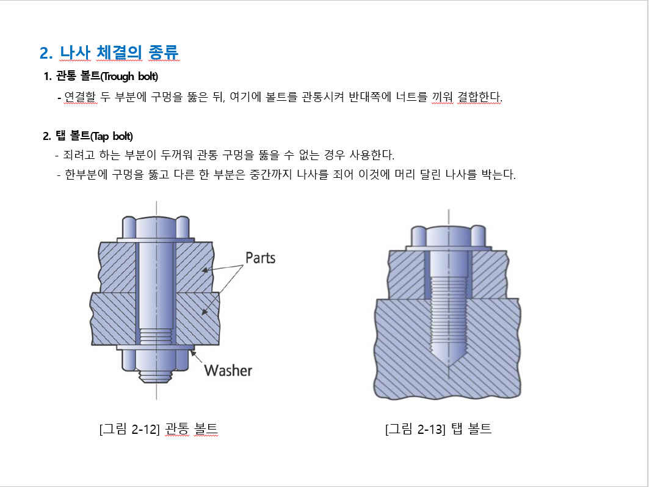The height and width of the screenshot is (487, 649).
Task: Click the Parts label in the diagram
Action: [x=260, y=258]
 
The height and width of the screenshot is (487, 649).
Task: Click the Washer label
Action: [x=228, y=370]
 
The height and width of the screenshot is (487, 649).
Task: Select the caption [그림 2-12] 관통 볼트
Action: [x=159, y=428]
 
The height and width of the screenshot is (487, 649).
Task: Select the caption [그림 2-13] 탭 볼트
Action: [x=438, y=428]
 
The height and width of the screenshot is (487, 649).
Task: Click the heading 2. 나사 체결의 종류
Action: [x=109, y=53]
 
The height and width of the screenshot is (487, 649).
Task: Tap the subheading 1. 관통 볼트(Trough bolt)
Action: [x=101, y=76]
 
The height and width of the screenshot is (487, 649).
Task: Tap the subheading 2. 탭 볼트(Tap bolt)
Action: [x=88, y=136]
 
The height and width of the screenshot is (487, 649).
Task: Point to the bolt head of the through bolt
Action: [x=156, y=227]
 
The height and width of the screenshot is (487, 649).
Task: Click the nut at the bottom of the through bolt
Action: [x=156, y=360]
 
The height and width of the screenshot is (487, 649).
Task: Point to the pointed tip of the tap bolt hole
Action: [x=449, y=365]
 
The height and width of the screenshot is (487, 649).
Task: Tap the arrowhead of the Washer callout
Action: [x=193, y=354]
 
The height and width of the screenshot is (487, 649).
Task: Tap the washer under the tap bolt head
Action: [x=449, y=249]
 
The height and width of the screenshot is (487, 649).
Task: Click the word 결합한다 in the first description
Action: [x=480, y=97]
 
